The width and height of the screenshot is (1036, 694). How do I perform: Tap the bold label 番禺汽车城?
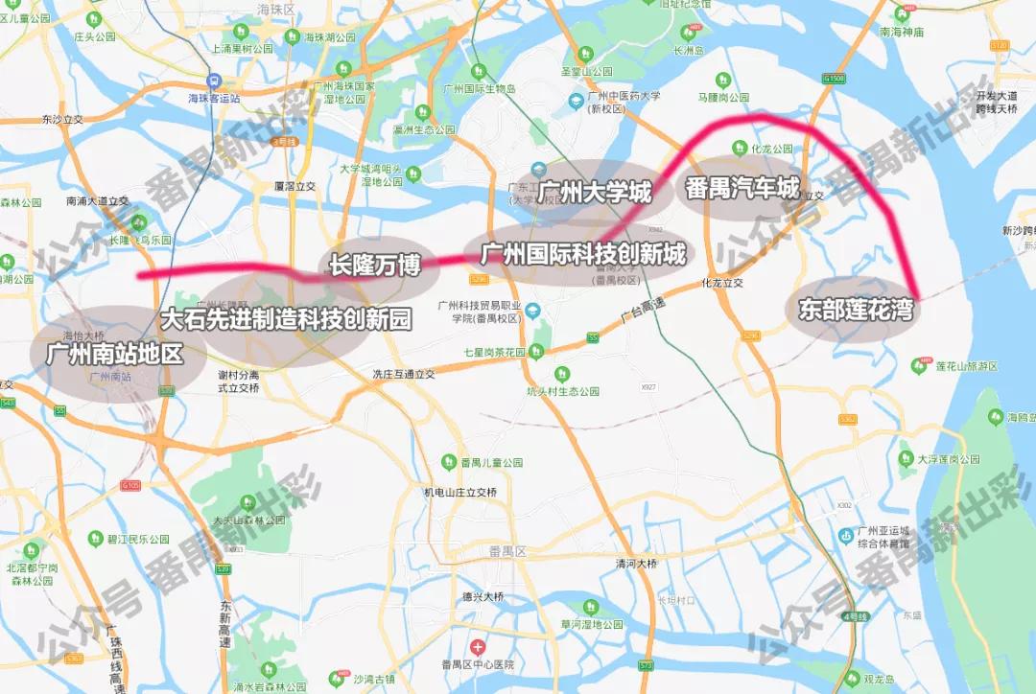(742, 188)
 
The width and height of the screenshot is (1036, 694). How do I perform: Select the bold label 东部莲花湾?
(854, 310)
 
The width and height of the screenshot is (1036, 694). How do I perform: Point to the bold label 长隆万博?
(375, 265)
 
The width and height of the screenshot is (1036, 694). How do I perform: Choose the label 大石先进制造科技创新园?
(285, 319)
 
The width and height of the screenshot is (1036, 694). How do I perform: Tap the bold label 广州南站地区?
(114, 354)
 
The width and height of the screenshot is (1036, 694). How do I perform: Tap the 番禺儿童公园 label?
(490, 462)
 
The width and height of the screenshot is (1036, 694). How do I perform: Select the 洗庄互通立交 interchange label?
(404, 374)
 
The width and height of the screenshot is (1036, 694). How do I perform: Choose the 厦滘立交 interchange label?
(295, 187)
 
